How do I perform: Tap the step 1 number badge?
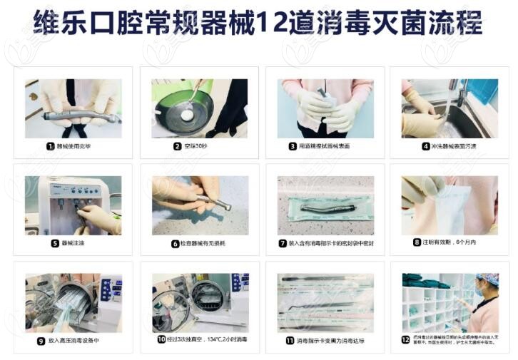tap(51, 146)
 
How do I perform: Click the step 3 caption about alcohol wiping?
tap(330, 146)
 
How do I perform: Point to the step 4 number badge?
tap(426, 146)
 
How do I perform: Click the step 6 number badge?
tap(175, 244)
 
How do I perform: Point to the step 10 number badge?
tap(161, 340)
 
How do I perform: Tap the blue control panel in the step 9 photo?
tap(108, 289)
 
